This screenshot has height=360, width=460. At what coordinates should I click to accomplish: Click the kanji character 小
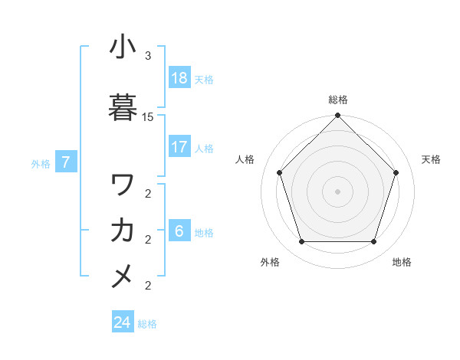tap(123, 47)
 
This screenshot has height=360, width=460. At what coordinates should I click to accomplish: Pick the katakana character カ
tap(123, 230)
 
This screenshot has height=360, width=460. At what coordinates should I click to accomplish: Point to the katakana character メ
tap(123, 275)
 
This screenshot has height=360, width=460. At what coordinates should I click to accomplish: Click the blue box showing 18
tap(179, 78)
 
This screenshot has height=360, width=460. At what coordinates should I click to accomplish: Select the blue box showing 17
tap(179, 147)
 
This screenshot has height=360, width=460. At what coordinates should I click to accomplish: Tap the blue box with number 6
tap(179, 231)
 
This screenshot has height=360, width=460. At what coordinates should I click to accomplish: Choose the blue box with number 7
tap(66, 162)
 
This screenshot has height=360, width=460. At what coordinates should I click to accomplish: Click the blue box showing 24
tap(123, 322)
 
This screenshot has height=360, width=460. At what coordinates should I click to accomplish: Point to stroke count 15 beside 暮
tap(148, 117)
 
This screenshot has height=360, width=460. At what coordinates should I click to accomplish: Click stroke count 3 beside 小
tap(148, 56)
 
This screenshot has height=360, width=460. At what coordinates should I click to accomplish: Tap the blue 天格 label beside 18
tap(204, 79)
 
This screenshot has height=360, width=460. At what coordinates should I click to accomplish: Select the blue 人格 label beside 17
tap(204, 148)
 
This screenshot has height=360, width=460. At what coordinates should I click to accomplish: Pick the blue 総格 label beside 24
tap(147, 323)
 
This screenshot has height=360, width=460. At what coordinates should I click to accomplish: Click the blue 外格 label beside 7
tap(41, 163)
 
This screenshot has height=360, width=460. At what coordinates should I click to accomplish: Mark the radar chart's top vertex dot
tap(337, 116)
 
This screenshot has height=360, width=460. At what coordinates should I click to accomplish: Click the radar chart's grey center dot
tap(337, 191)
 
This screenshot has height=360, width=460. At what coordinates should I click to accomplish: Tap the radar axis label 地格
tap(402, 262)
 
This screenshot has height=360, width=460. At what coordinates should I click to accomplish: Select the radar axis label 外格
tap(270, 262)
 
